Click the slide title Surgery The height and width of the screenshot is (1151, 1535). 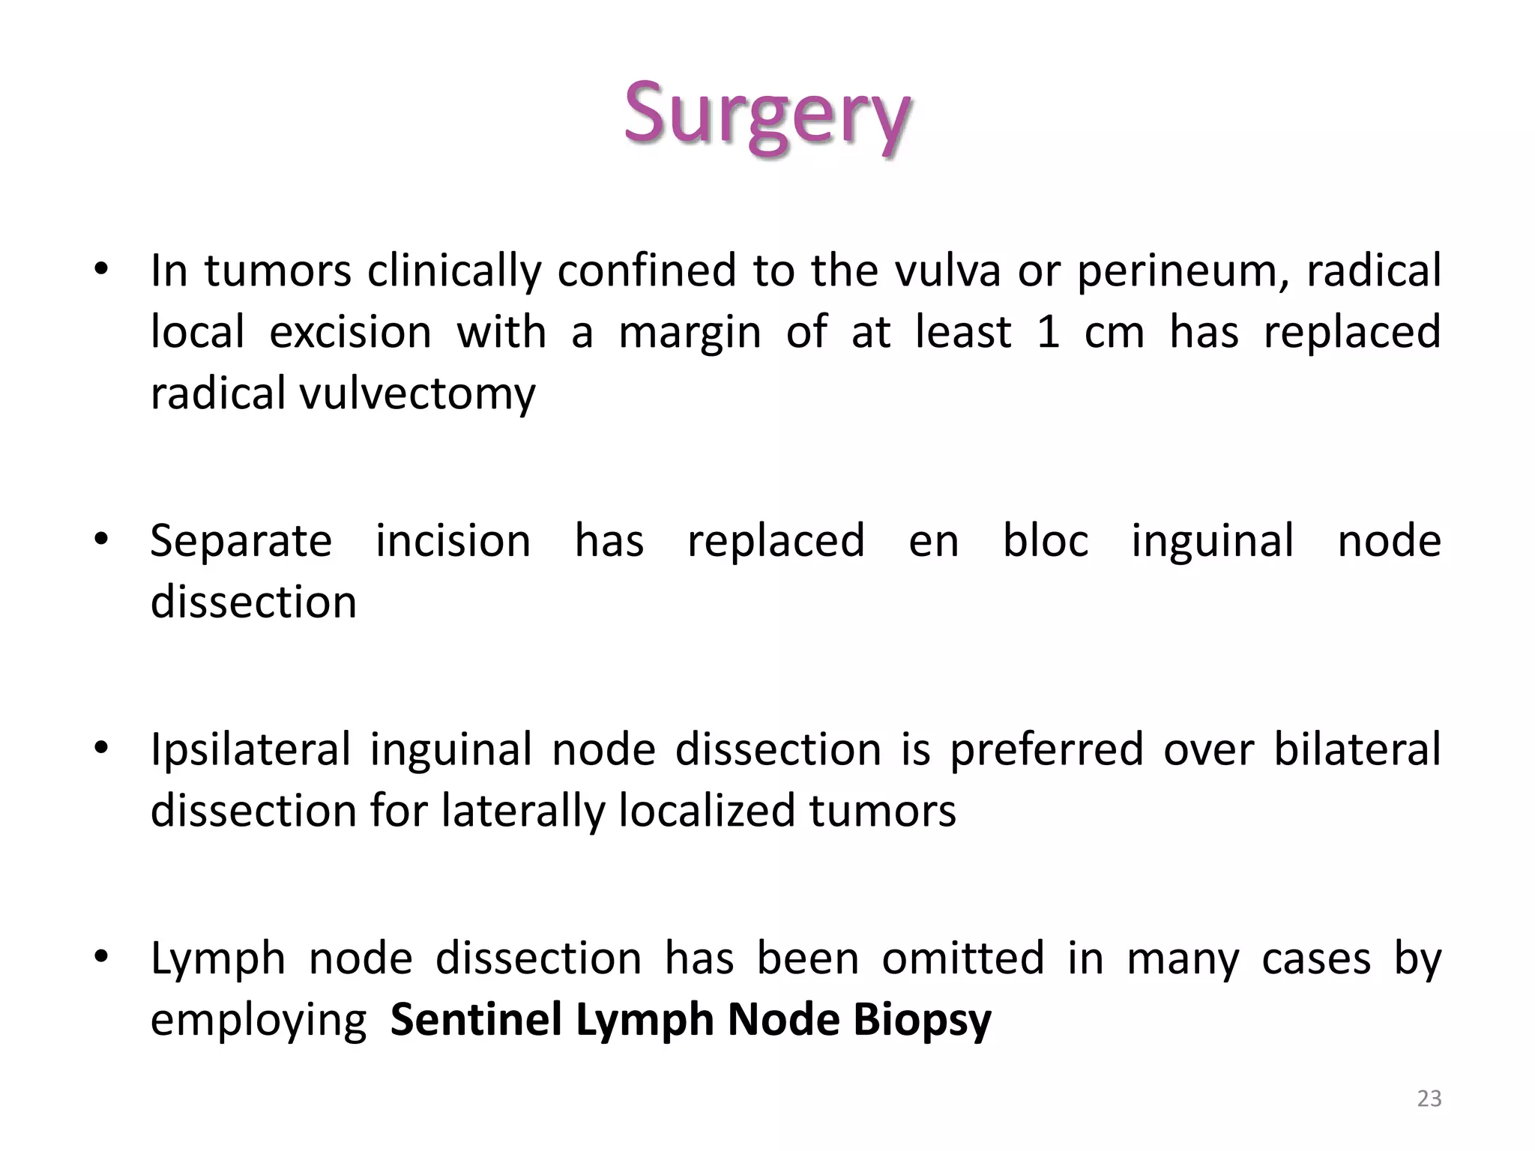pos(767,114)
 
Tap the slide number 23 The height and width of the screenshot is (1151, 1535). pos(1429,1099)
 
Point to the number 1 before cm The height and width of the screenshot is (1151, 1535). pos(1048,332)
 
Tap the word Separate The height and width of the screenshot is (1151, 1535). pos(241,542)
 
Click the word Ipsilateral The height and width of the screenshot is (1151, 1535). pos(250,751)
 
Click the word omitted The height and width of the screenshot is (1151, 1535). pos(962,958)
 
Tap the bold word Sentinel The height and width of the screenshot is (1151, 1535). pos(476,1020)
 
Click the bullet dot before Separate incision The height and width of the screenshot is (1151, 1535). pos(102,540)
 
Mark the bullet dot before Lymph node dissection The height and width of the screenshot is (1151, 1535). pos(102,957)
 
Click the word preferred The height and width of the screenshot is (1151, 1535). pos(1046,751)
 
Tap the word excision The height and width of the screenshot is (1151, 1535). pos(350,332)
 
